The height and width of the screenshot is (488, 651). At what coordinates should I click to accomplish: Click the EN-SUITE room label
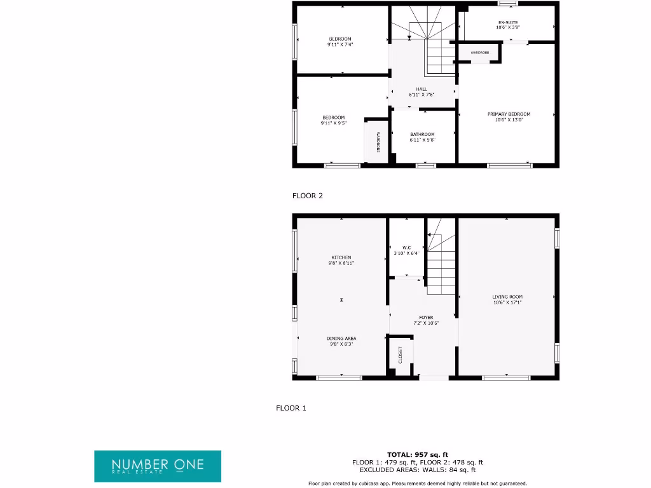point(509,22)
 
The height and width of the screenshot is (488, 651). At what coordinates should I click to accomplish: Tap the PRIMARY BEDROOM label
point(509,114)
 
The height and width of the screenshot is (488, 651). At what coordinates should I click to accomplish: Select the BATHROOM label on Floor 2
point(422,134)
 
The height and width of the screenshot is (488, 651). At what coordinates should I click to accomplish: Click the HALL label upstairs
point(421,89)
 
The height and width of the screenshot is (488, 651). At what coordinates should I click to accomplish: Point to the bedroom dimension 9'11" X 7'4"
point(340,44)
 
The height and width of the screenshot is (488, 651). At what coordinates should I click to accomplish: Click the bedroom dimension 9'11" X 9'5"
point(334,123)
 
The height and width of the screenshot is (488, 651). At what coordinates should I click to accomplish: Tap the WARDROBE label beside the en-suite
point(480,52)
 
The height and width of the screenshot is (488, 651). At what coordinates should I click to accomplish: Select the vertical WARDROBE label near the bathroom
point(377,142)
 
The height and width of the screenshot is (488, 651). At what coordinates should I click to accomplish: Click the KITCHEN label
point(341,257)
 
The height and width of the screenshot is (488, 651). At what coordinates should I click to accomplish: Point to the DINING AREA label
point(341,338)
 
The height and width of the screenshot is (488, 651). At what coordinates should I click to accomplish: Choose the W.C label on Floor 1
point(407,247)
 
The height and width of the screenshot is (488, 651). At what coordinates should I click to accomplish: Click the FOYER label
point(425,317)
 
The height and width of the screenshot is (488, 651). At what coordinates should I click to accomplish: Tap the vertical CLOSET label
point(401,355)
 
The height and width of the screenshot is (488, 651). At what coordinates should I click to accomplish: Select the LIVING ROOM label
point(507,297)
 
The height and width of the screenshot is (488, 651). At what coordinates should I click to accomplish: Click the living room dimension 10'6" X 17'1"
point(507,302)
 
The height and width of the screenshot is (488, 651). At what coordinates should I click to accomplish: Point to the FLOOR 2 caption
point(308,196)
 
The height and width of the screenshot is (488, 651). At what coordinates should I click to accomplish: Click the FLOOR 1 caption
point(291,408)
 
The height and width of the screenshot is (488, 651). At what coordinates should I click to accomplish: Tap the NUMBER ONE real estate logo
point(158,466)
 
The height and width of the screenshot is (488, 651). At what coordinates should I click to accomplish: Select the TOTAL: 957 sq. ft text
point(418,454)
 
